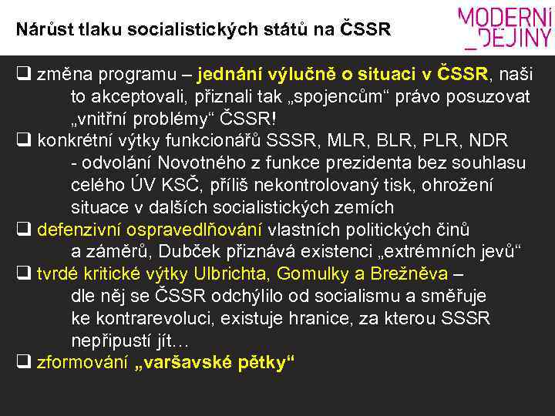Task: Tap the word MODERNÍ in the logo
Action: click(506, 18)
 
